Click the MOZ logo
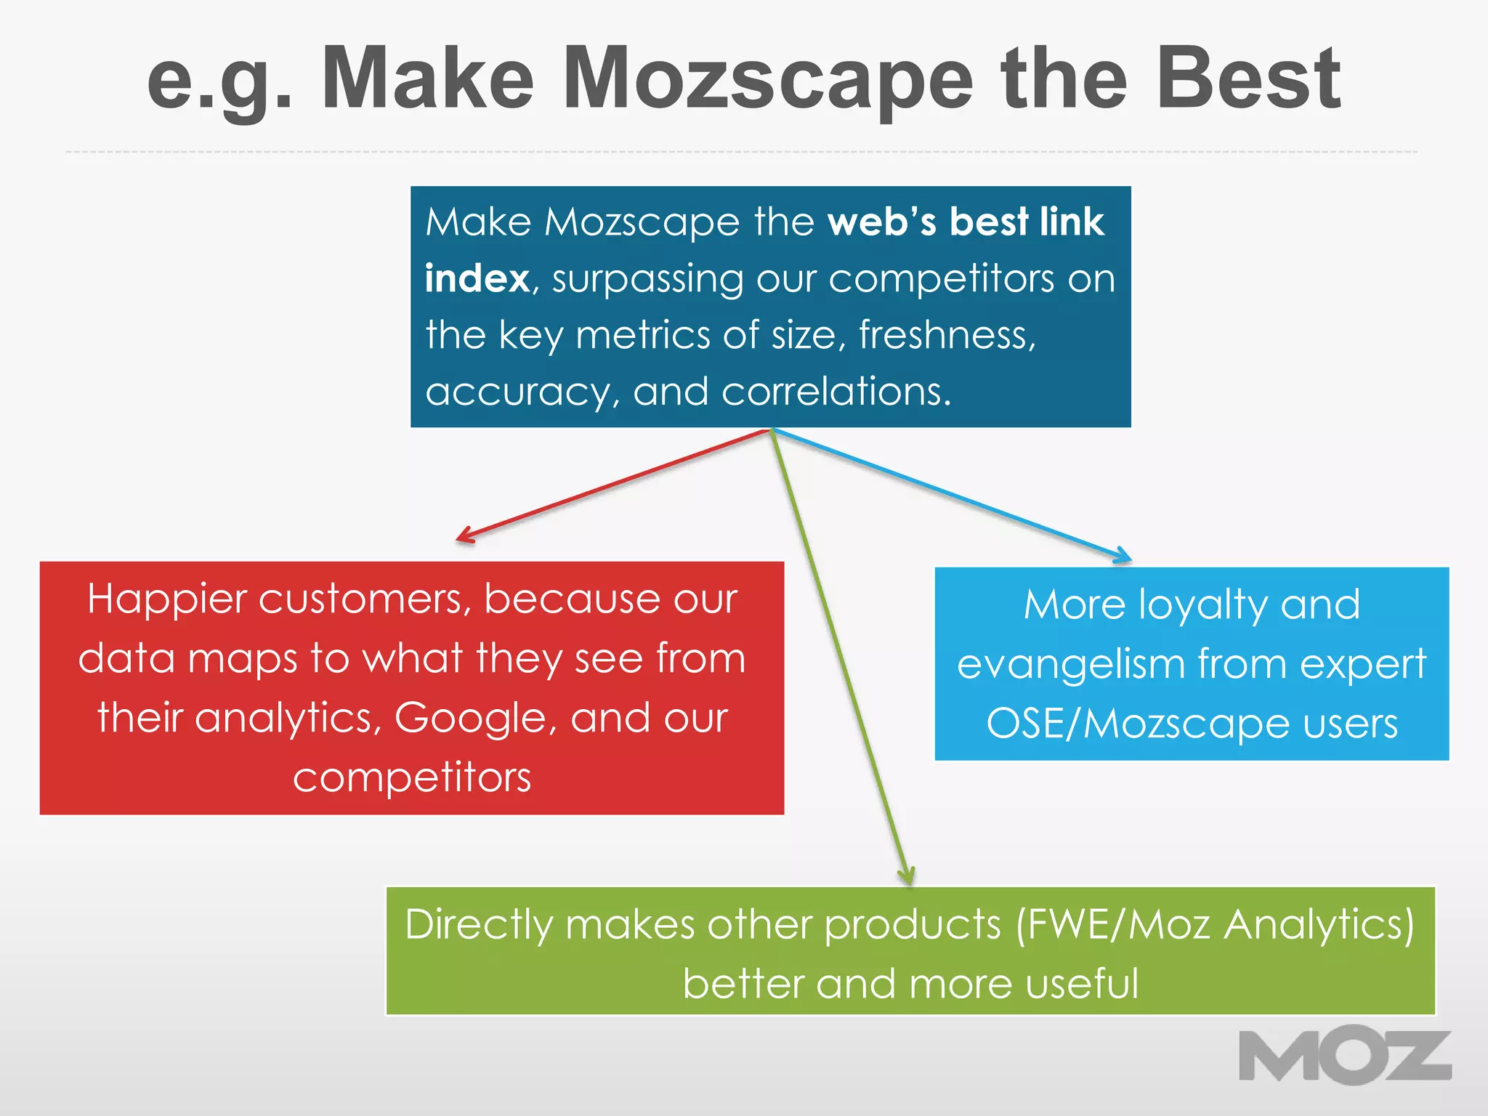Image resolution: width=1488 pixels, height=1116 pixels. pos(1345,1055)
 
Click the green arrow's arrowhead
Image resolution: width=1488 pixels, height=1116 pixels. pos(907,876)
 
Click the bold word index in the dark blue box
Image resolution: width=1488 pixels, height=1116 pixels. pos(477,279)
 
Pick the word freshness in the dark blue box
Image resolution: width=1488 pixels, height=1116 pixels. pos(947,335)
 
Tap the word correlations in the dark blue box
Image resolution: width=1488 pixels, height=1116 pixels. pos(836,392)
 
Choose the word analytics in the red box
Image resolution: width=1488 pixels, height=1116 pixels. pos(288,718)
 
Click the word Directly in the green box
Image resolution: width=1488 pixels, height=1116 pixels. pos(479,925)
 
